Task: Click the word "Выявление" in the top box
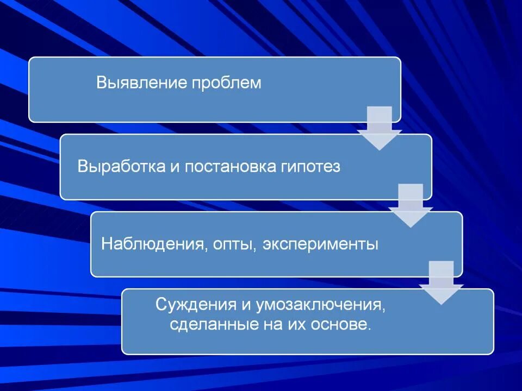pyautogui.click(x=142, y=83)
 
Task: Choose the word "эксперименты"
pyautogui.click(x=320, y=244)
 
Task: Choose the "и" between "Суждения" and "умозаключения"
pyautogui.click(x=232, y=305)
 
